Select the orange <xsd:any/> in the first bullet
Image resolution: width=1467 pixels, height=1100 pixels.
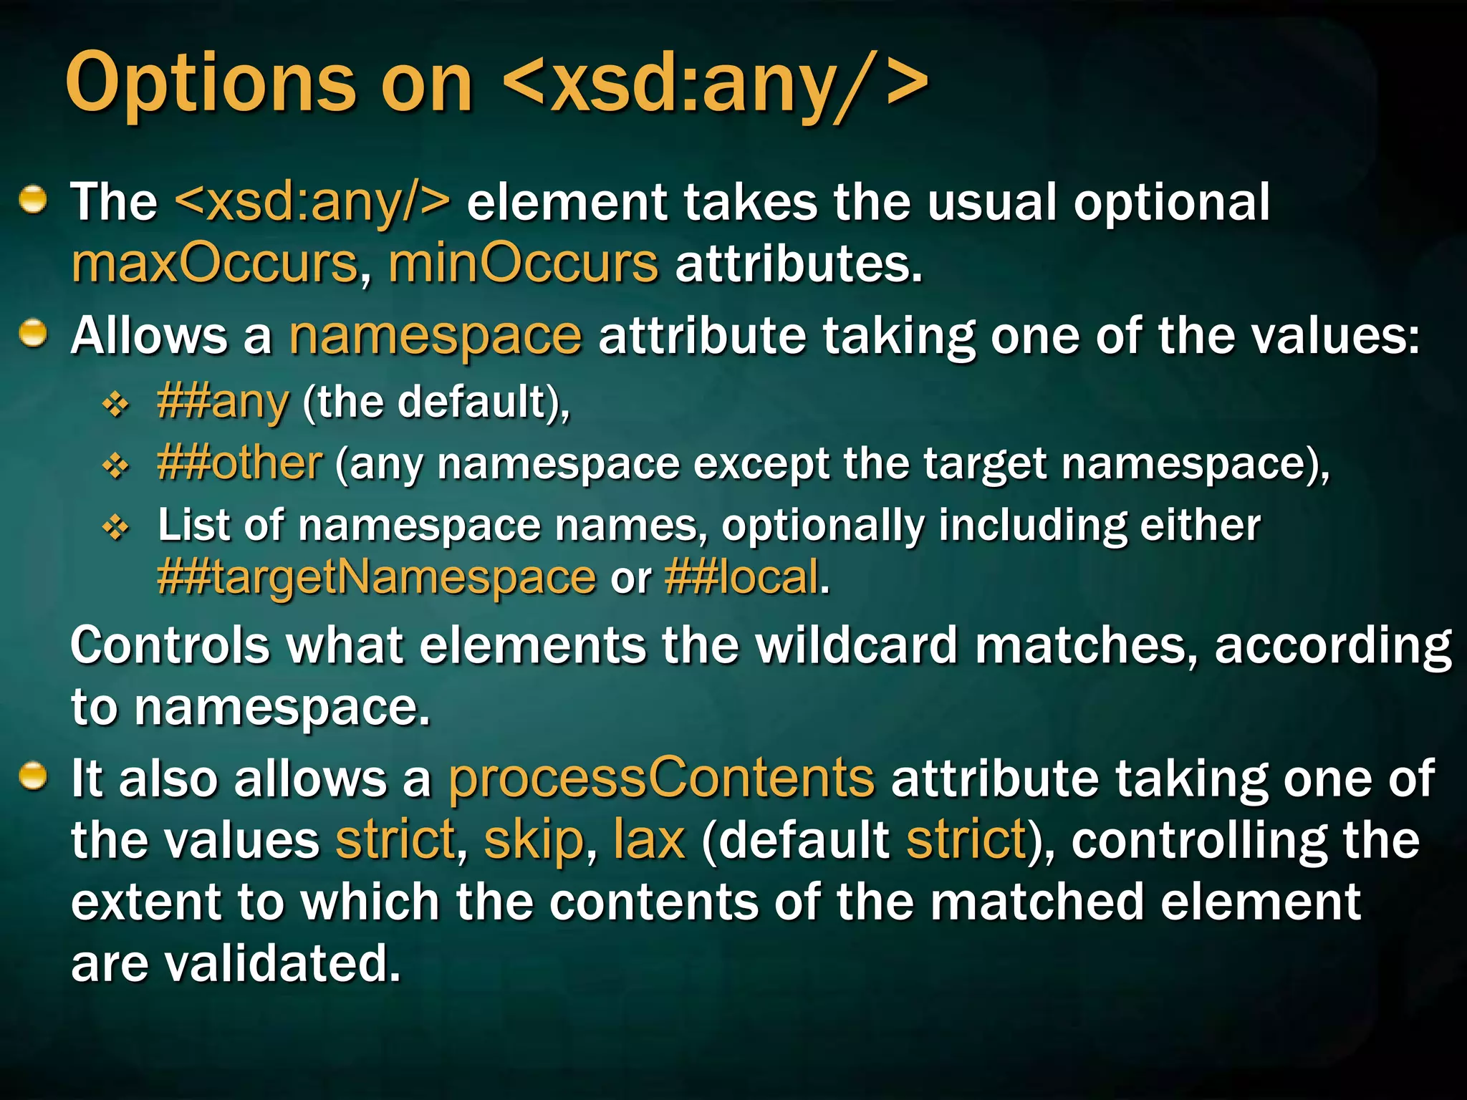[x=313, y=202]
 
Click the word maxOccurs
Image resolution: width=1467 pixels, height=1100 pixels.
[x=214, y=264]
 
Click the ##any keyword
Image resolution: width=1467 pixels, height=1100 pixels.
[x=223, y=402]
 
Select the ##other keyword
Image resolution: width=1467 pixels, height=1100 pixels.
[x=240, y=463]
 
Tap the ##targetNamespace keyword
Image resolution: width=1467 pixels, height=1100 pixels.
[x=376, y=577]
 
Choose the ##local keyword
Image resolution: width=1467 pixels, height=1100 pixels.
[x=741, y=577]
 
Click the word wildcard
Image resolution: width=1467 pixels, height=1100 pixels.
[x=857, y=645]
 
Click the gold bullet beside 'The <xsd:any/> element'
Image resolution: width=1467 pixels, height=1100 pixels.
[x=33, y=200]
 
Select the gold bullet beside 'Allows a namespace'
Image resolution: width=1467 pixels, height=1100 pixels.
[x=33, y=334]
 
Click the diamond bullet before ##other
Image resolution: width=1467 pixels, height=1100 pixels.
[x=115, y=467]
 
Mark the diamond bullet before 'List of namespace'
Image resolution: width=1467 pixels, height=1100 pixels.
[x=115, y=529]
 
